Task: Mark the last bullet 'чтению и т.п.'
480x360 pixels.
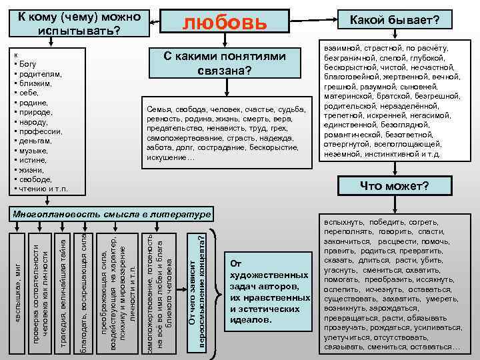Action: [43, 189]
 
